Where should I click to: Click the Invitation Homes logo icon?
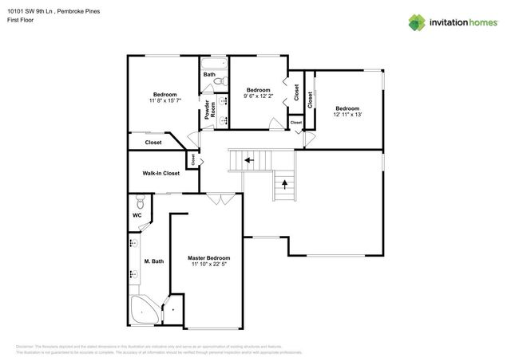coord(418,22)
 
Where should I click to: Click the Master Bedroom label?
coord(208,258)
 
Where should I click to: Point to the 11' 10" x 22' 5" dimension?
coord(208,265)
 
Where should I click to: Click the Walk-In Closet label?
coord(160,173)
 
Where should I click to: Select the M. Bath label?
coord(153,261)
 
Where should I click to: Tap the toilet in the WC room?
coord(139,200)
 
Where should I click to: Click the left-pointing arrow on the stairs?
coord(249,160)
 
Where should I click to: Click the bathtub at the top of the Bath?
coord(214,63)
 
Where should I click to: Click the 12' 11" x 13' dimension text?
coord(347,116)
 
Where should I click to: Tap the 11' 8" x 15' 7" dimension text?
coord(164,101)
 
